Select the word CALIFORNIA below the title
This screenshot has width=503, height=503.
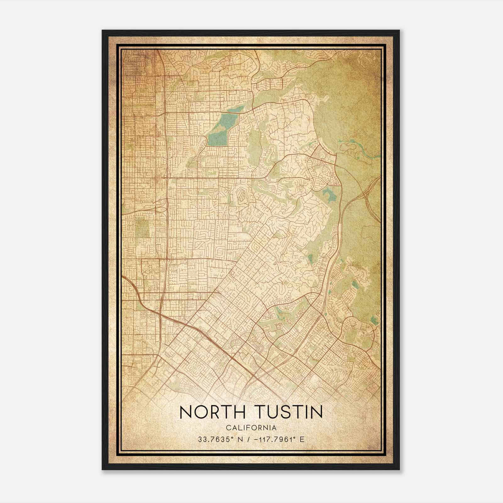tap(251, 428)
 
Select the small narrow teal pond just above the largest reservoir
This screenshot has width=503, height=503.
tap(236, 109)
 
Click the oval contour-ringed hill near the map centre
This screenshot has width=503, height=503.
tap(242, 197)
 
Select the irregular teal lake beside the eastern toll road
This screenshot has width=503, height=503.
tap(330, 195)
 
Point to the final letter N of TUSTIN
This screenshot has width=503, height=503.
tap(317, 412)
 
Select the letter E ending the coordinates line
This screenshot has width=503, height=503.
tap(302, 439)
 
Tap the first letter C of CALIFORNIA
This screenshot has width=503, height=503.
tap(227, 428)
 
